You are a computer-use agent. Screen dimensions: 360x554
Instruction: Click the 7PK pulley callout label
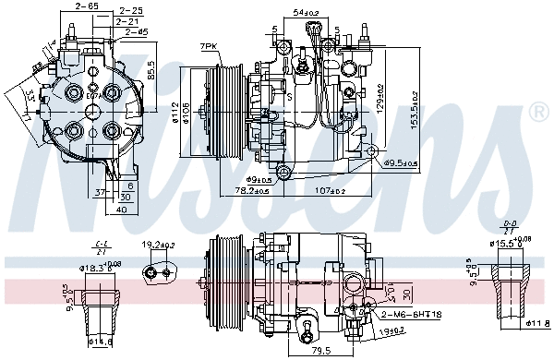point(209,45)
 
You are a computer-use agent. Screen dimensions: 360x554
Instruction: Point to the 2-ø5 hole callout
point(135,32)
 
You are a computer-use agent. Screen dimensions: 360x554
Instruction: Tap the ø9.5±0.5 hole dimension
point(401,163)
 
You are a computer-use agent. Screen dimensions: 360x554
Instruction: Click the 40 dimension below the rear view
point(122,209)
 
